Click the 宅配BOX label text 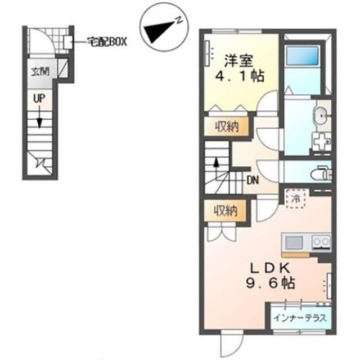[107, 42]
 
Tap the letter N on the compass [179, 20]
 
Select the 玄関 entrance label [40, 71]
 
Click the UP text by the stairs [39, 99]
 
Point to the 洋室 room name [238, 60]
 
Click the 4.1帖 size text [240, 75]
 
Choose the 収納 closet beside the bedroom [226, 127]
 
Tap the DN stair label [253, 181]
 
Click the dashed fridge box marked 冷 [296, 199]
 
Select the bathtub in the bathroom [303, 56]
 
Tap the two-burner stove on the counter [321, 242]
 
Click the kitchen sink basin [294, 242]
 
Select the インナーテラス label [300, 318]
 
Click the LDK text [270, 268]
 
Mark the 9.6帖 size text [271, 283]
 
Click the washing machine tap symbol [321, 141]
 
